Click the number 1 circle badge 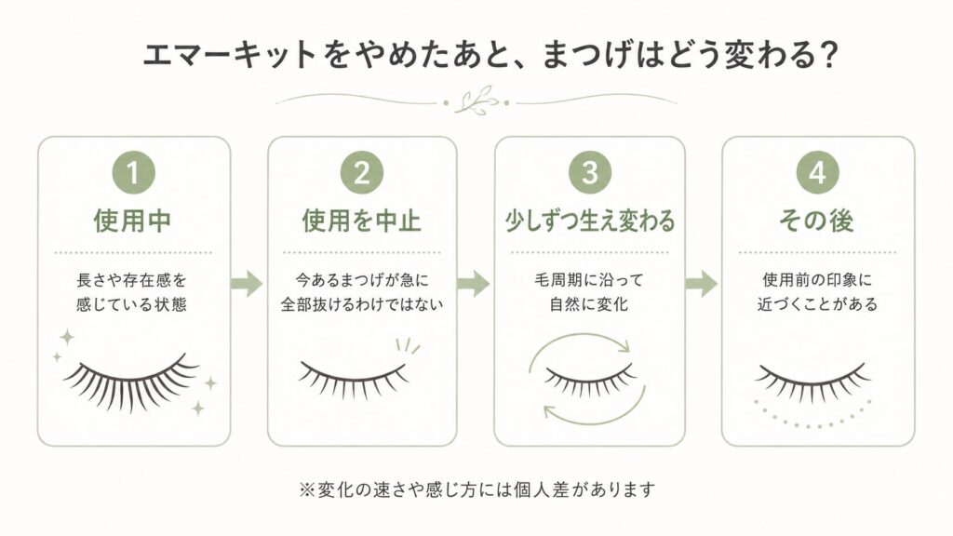[134, 173]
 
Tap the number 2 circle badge [362, 173]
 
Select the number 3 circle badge [589, 172]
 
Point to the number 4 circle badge [817, 172]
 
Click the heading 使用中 [132, 221]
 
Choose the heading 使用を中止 [362, 221]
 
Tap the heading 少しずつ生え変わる [589, 221]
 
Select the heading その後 [817, 221]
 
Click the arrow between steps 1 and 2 [247, 283]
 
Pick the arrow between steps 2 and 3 [474, 283]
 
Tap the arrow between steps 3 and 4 [701, 283]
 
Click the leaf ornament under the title [477, 100]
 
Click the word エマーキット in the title [229, 55]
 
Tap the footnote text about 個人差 [477, 489]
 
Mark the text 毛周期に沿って [588, 280]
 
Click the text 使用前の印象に [817, 280]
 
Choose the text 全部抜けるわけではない [362, 304]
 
